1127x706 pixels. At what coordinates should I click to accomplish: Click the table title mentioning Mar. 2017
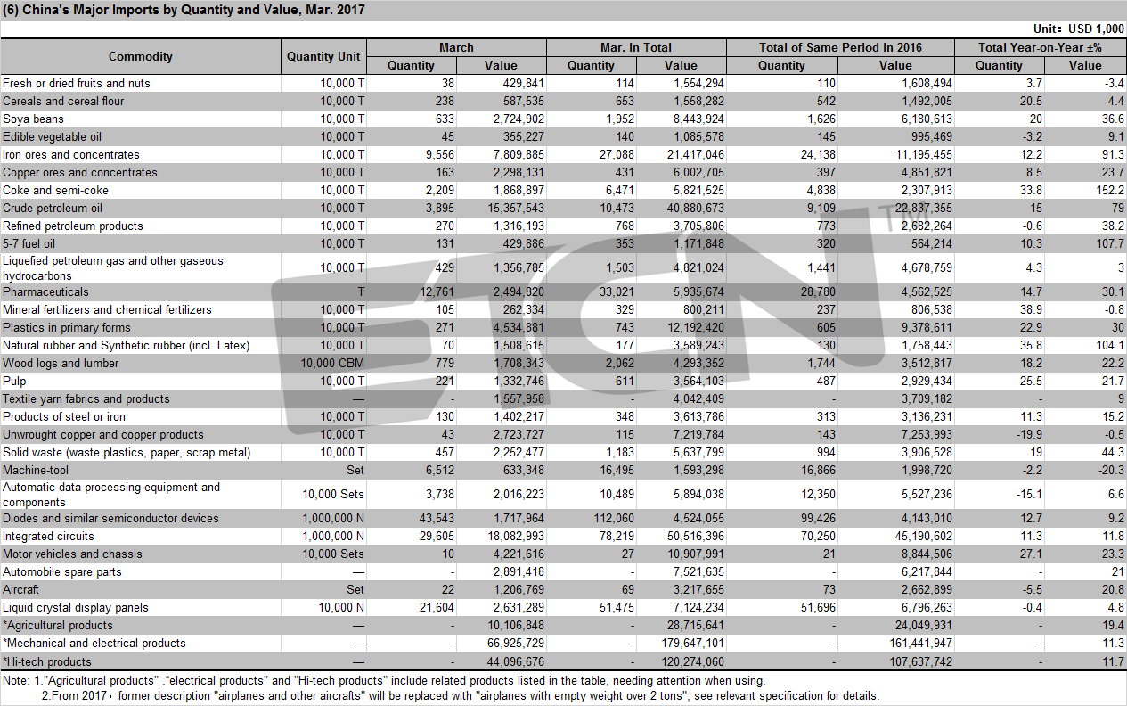(x=184, y=10)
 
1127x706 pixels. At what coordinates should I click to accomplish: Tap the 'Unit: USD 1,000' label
(x=1079, y=29)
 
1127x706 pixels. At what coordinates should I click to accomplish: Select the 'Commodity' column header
(x=141, y=56)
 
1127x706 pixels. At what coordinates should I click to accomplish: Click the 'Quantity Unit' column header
(x=323, y=56)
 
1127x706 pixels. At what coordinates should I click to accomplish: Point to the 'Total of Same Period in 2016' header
(x=840, y=47)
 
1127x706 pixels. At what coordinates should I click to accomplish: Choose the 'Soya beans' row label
(x=33, y=119)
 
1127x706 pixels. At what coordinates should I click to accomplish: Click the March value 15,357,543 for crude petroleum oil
(x=516, y=208)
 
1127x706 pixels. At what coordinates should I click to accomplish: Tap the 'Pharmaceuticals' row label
(x=45, y=292)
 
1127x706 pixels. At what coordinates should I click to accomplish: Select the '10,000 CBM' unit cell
(x=332, y=363)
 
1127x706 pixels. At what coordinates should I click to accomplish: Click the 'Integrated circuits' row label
(x=48, y=537)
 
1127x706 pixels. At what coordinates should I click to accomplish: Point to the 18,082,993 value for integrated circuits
(x=516, y=537)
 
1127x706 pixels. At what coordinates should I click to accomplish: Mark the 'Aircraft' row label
(x=20, y=590)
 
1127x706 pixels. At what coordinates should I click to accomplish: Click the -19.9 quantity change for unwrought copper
(x=1028, y=435)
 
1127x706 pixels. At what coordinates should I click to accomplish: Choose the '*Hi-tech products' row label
(x=47, y=661)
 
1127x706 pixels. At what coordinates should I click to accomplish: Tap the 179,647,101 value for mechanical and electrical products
(x=693, y=643)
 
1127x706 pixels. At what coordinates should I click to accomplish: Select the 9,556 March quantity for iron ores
(x=440, y=154)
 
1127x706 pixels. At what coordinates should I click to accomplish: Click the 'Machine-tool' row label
(x=36, y=471)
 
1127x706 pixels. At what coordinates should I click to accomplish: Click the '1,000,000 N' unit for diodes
(x=333, y=519)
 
